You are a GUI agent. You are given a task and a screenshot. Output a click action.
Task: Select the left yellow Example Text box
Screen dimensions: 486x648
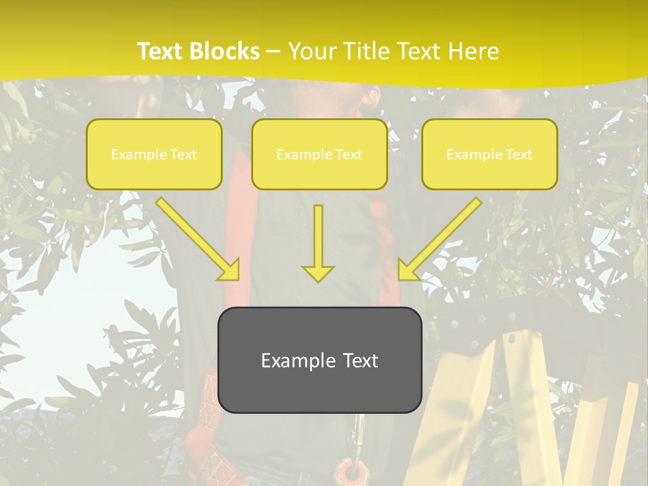154,155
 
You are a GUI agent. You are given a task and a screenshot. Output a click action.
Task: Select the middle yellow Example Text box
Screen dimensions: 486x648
319,155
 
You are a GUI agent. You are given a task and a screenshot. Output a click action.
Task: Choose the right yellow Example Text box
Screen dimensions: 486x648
489,155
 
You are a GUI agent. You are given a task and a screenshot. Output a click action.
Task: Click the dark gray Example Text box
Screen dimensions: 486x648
319,360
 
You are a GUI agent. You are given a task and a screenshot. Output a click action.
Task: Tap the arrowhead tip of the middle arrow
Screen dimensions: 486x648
318,278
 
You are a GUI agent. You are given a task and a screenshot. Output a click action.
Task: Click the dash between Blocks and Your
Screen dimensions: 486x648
273,52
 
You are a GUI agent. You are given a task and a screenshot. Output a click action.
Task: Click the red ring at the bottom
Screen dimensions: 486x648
350,470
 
